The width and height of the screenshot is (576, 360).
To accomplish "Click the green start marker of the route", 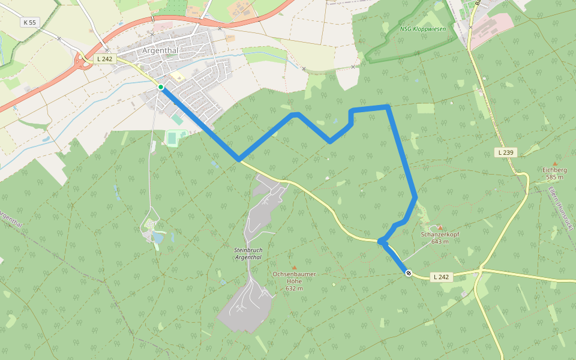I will pyautogui.click(x=161, y=87).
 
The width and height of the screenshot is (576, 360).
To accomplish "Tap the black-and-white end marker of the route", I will pyautogui.click(x=409, y=274).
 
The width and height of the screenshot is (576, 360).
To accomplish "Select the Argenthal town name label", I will pyautogui.click(x=160, y=50).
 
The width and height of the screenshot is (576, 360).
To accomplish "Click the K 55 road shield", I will pyautogui.click(x=28, y=22).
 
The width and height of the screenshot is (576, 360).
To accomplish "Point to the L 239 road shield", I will pyautogui.click(x=506, y=152).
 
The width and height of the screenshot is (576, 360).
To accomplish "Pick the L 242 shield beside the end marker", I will pyautogui.click(x=440, y=277).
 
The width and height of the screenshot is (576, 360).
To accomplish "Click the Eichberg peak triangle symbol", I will pyautogui.click(x=555, y=163).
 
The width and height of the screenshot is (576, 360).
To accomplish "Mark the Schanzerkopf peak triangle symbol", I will pyautogui.click(x=440, y=227).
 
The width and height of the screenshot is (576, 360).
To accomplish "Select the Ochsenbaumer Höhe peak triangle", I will pyautogui.click(x=294, y=267).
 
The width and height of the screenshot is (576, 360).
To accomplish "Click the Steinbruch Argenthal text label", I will pyautogui.click(x=248, y=253).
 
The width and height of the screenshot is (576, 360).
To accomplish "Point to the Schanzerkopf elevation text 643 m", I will pyautogui.click(x=440, y=241).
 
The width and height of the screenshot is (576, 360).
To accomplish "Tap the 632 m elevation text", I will pyautogui.click(x=294, y=289).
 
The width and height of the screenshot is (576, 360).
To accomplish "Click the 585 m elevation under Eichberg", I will pyautogui.click(x=554, y=177).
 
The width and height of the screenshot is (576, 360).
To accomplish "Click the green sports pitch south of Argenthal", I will pyautogui.click(x=173, y=138).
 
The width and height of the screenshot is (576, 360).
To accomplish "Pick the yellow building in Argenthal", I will pyautogui.click(x=178, y=77).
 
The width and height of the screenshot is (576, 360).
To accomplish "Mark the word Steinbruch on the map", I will pyautogui.click(x=248, y=249).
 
